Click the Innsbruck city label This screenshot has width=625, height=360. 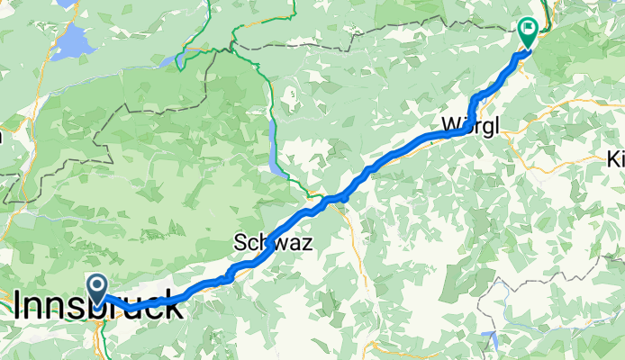(97, 307)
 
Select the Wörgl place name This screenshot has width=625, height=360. (469, 127)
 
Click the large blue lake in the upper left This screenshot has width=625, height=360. (70, 43)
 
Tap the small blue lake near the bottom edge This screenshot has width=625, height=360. (490, 342)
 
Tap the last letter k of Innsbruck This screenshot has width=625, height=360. (177, 307)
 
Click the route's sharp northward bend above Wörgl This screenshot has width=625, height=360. (474, 99)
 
